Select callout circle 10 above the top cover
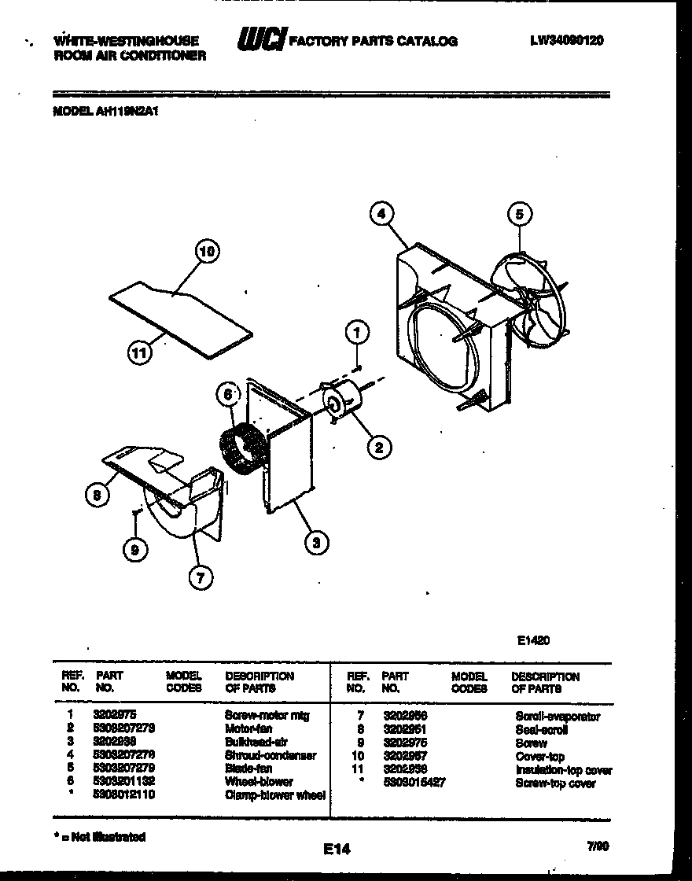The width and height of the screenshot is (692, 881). (206, 253)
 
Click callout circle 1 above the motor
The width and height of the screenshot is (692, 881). (357, 334)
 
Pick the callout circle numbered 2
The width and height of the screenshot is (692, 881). (378, 448)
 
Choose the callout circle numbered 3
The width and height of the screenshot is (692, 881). (316, 542)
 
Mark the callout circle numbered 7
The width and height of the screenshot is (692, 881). (199, 578)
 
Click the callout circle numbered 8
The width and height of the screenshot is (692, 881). (96, 494)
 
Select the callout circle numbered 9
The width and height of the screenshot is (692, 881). (135, 551)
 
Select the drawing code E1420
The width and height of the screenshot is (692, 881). (533, 640)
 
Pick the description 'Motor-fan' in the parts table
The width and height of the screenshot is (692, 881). (248, 728)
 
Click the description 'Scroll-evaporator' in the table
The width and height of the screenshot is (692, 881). (558, 717)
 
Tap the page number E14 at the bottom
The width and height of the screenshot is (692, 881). (337, 849)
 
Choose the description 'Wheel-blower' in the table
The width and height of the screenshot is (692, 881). (259, 782)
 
